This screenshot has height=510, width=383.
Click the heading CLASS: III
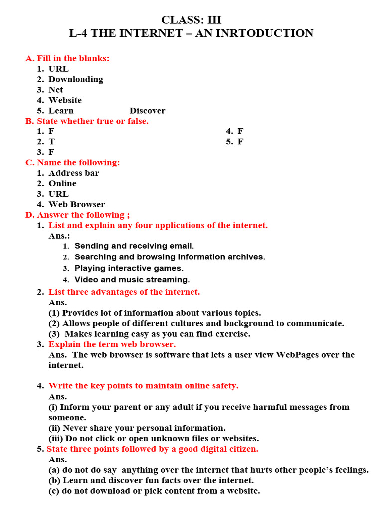(191, 20)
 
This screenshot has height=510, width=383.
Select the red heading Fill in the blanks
(73, 58)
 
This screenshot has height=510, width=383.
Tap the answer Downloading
(76, 79)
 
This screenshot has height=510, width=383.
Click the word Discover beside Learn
(147, 111)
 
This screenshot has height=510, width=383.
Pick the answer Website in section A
(65, 100)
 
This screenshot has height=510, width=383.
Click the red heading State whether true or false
(92, 121)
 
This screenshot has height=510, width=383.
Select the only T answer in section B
(51, 142)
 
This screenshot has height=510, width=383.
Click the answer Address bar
(74, 173)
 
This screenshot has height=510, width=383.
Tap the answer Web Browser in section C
(77, 205)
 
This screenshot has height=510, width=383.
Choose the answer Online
(62, 184)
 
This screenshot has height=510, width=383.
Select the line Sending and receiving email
(134, 246)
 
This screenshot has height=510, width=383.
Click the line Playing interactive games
(129, 269)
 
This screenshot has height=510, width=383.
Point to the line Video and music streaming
(132, 280)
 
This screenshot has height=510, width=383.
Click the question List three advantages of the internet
(124, 292)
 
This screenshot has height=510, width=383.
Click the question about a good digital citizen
(153, 449)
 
